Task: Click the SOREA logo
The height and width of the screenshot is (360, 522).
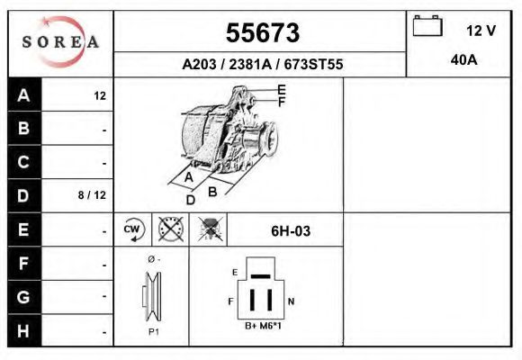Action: click(x=60, y=42)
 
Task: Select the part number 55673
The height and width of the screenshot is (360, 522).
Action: click(x=262, y=33)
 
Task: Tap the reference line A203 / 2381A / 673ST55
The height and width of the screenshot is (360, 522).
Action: click(x=262, y=65)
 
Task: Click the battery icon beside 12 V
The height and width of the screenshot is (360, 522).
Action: click(x=427, y=27)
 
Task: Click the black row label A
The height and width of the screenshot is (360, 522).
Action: click(x=24, y=94)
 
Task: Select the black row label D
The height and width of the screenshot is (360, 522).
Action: click(x=24, y=194)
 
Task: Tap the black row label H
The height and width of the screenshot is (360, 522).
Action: click(x=24, y=330)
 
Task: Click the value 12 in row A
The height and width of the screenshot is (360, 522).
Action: click(x=100, y=95)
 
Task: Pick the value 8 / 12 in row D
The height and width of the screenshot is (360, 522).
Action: click(x=94, y=195)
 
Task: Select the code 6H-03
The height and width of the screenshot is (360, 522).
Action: click(x=291, y=231)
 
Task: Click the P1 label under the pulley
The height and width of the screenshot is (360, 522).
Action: click(x=153, y=332)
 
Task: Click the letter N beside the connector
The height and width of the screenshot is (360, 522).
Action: click(x=290, y=301)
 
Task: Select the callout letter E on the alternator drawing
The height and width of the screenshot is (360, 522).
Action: click(x=281, y=88)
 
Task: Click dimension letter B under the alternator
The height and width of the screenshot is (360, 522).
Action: click(x=211, y=191)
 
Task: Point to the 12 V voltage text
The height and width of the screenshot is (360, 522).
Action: click(x=481, y=31)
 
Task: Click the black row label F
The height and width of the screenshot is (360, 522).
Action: click(x=24, y=264)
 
